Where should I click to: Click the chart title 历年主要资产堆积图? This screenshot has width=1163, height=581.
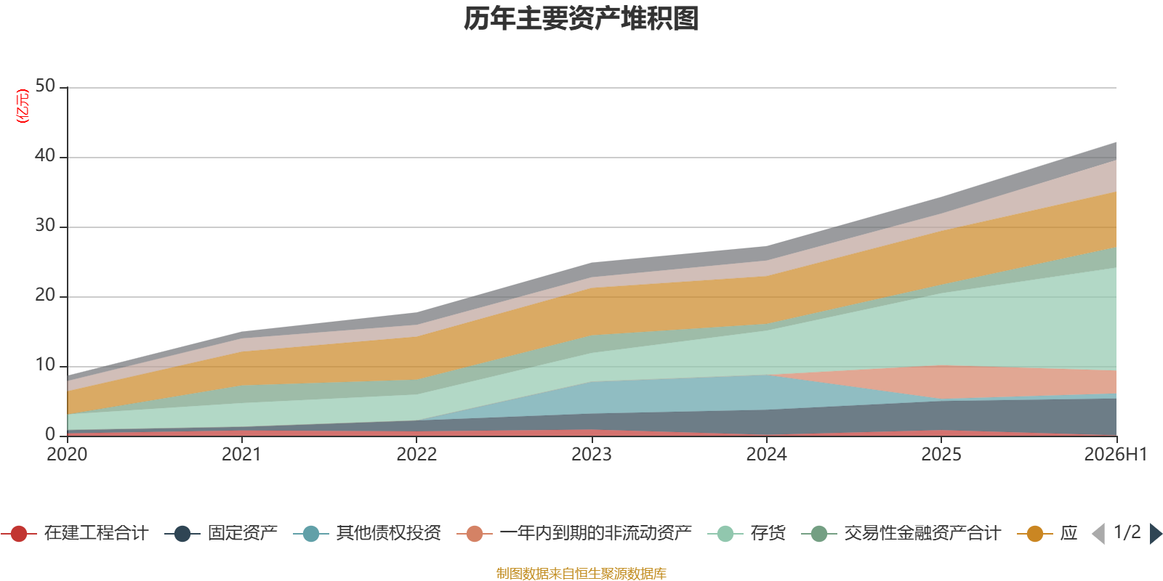[581, 19]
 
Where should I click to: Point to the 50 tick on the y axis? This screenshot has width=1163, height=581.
[45, 86]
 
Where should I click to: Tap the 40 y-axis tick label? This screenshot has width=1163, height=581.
[45, 155]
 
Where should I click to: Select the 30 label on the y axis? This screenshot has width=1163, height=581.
[45, 225]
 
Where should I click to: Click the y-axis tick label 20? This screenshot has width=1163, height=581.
[45, 295]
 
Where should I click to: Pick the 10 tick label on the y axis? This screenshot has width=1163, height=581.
[45, 365]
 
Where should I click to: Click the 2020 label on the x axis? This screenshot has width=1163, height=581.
[67, 455]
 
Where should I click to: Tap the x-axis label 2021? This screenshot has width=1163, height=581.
[241, 455]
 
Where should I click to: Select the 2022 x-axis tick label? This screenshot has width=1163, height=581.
[416, 455]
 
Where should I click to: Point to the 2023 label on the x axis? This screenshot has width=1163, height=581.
[592, 455]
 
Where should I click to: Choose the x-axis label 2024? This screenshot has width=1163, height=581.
[766, 455]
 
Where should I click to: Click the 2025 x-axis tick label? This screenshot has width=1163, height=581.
[941, 455]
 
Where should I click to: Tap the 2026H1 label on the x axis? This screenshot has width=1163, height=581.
[1116, 455]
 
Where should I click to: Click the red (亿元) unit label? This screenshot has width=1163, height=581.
[23, 106]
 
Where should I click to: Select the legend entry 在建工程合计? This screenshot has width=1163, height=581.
[75, 533]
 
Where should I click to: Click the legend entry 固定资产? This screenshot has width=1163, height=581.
[221, 533]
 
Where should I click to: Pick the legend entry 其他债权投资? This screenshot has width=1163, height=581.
[367, 533]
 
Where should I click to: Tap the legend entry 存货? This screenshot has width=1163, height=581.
[747, 533]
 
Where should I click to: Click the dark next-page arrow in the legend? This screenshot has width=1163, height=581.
[1156, 533]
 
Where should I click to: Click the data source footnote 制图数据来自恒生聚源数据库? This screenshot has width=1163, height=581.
[581, 573]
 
